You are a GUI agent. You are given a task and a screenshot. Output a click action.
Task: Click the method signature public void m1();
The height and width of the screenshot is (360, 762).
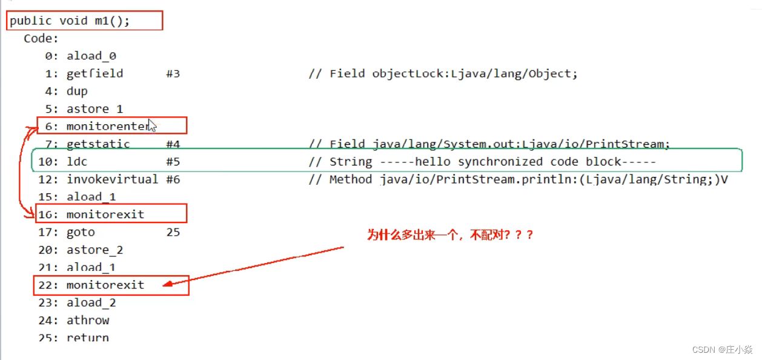(x=70, y=21)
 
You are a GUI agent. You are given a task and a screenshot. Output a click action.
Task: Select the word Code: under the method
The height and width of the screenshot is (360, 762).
(x=41, y=39)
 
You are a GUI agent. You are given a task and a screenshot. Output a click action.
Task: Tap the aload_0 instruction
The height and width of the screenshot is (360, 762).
(x=91, y=56)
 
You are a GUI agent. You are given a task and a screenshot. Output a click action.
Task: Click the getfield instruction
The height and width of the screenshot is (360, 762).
(x=94, y=73)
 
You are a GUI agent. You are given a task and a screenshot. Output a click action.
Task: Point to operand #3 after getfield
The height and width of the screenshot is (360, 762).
(x=173, y=73)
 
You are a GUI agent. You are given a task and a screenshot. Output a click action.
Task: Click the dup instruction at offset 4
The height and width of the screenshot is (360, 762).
(x=77, y=91)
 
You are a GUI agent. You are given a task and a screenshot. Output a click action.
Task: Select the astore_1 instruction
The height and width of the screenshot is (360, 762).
(x=94, y=109)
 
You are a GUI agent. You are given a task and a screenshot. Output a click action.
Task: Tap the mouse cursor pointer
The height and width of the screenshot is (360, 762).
(x=152, y=125)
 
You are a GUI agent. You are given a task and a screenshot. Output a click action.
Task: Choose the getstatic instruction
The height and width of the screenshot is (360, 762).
(x=98, y=144)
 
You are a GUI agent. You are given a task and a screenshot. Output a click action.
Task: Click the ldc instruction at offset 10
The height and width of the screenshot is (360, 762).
(x=77, y=162)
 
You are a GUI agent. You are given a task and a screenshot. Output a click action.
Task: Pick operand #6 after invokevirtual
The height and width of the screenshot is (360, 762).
(x=173, y=179)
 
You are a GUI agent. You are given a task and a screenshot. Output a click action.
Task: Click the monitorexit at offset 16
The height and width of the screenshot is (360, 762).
(x=105, y=215)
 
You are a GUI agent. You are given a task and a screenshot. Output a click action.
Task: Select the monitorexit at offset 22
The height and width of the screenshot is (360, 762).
(x=105, y=285)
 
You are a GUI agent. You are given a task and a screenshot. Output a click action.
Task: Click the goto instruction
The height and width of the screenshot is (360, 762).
(x=81, y=232)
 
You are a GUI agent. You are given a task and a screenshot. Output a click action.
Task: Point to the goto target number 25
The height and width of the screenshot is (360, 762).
(x=173, y=232)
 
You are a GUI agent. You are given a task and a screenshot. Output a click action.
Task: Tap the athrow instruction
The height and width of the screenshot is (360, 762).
(x=88, y=320)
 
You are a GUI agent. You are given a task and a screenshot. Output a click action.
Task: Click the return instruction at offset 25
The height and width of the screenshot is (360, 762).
(x=88, y=338)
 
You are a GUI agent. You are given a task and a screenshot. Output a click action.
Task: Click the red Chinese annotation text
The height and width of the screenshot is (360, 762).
(x=450, y=235)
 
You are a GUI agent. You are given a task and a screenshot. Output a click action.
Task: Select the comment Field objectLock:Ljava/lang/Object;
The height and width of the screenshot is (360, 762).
(x=454, y=73)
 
